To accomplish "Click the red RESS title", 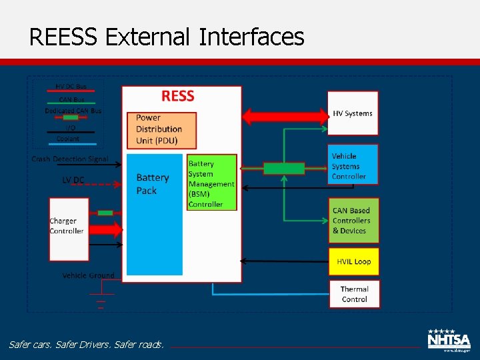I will click(178, 96).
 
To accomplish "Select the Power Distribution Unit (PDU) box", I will click(163, 129).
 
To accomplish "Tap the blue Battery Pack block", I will click(154, 213).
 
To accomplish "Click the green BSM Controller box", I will click(211, 183).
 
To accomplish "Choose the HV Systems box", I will click(353, 113).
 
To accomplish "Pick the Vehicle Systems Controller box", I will click(353, 165).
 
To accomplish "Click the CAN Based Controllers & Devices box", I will click(353, 220).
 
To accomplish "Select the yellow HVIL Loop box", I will click(353, 261).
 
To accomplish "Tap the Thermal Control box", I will click(354, 294).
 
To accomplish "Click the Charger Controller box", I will click(68, 229).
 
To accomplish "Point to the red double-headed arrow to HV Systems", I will click(285, 117).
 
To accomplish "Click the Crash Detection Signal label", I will click(70, 159).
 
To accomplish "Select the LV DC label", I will click(73, 180).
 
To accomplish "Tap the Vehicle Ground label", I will click(88, 275).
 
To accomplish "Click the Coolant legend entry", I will click(68, 139).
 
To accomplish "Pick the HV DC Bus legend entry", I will click(71, 87).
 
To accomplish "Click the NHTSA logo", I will click(449, 339).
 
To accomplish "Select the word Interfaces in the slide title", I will click(251, 37).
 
